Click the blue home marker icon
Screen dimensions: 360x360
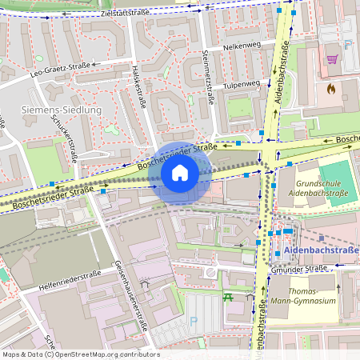click(180, 173)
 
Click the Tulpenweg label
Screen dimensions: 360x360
click(242, 84)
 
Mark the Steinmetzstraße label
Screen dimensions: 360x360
click(207, 78)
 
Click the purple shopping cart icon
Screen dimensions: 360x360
click(332, 58)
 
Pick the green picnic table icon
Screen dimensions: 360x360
click(229, 298)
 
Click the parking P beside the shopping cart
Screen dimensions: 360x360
click(347, 46)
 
